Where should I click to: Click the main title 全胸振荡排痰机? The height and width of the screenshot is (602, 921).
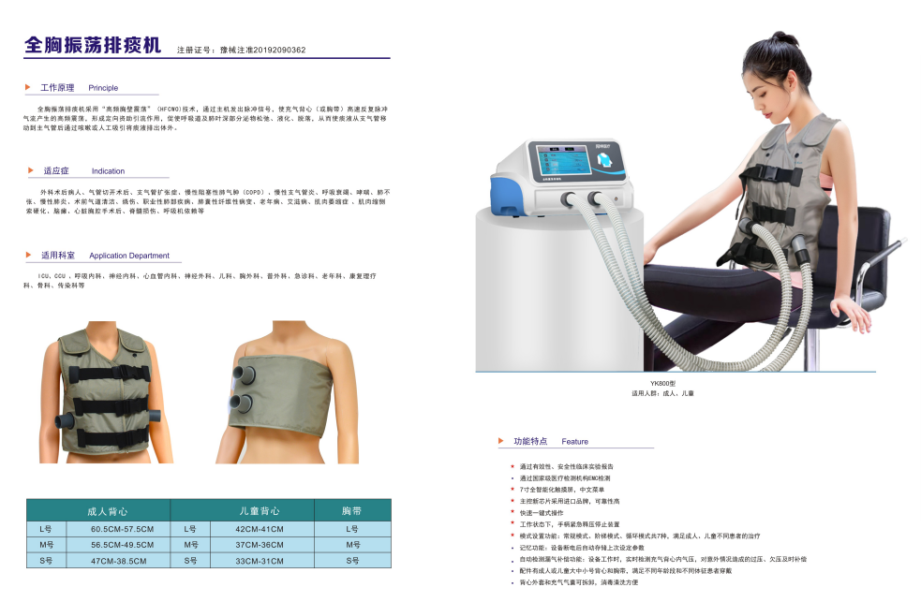pos(93,45)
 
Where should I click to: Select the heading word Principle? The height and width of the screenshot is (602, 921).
pos(103,88)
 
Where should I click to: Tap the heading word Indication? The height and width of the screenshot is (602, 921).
pos(108,171)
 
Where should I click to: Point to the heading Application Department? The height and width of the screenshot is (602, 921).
pos(129,256)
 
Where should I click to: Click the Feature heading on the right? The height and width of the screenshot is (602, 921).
pos(574,441)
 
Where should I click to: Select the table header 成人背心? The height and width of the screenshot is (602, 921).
pos(107,511)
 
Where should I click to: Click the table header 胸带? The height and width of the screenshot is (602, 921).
pos(352,511)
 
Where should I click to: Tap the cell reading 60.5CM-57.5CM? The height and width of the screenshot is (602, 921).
pos(122,529)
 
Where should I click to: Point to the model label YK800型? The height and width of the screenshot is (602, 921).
pos(662,384)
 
